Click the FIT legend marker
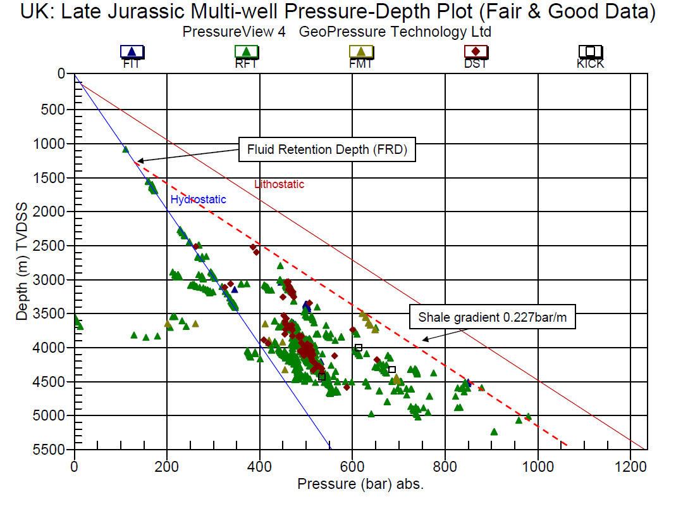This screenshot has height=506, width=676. coord(132,52)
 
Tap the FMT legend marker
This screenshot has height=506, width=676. coord(360,52)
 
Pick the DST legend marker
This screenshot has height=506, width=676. coord(475,52)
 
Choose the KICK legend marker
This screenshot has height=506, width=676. coord(590,52)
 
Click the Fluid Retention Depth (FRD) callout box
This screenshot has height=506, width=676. coord(327,150)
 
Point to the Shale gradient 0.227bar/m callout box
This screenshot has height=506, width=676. coord(493,318)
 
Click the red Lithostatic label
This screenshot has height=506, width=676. coord(279,184)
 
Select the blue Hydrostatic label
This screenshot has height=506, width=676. coord(198,199)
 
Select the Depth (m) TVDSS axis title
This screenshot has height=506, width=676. coord(23,262)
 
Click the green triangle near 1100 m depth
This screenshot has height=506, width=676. coord(126,149)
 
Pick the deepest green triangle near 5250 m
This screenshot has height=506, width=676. coord(494,432)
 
